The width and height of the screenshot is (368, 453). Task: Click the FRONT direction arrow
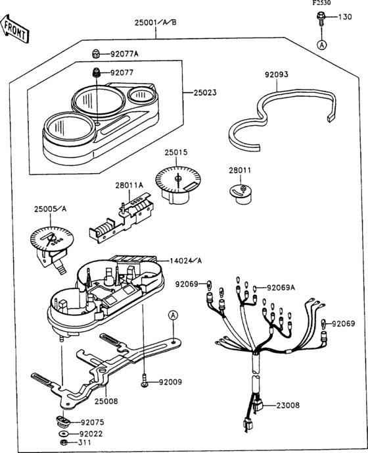tap(15, 29)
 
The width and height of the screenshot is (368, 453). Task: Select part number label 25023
tap(205, 93)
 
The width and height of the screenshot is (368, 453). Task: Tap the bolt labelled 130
tap(321, 18)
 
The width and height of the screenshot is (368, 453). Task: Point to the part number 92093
tap(276, 74)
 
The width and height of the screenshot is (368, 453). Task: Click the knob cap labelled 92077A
tap(96, 54)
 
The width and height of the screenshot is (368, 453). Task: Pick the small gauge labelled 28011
tap(241, 194)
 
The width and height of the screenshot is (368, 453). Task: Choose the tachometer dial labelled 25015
tap(177, 184)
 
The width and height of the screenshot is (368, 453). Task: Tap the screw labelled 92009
tap(145, 381)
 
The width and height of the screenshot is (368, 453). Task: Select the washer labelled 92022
tap(62, 433)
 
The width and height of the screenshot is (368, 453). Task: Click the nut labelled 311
tap(63, 442)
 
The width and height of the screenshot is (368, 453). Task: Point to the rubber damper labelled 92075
tap(62, 421)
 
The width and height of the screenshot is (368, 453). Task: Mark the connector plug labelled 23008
tap(258, 405)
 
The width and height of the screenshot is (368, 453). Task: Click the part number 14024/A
tap(186, 261)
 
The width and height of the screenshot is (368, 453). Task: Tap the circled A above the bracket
tap(173, 315)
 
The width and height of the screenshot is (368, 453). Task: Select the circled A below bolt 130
tap(321, 45)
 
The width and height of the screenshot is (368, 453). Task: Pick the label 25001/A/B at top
tap(156, 22)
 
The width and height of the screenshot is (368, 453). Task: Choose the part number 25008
tap(106, 401)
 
